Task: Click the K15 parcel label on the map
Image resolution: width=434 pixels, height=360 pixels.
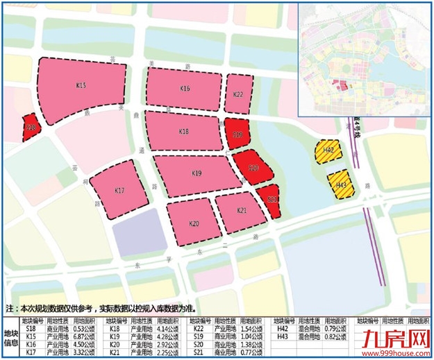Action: click(81, 85)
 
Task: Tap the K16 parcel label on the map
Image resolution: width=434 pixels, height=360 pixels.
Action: click(185, 88)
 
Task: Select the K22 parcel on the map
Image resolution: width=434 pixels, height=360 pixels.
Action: click(238, 94)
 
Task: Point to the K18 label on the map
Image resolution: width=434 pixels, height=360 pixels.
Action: click(183, 131)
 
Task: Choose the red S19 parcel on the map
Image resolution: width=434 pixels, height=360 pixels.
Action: click(237, 133)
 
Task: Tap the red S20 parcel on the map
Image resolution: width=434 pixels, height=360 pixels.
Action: click(253, 169)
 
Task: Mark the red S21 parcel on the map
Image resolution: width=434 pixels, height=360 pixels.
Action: click(272, 199)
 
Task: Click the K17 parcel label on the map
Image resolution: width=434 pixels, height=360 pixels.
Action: click(119, 190)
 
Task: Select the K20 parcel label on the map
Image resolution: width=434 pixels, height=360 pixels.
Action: click(194, 223)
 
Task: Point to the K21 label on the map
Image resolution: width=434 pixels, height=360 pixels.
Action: click(242, 210)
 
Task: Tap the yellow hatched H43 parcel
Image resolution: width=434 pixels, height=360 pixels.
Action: click(341, 185)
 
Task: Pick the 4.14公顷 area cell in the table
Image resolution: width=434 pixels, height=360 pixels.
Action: click(169, 329)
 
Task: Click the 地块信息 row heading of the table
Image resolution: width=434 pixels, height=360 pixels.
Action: click(11, 337)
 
